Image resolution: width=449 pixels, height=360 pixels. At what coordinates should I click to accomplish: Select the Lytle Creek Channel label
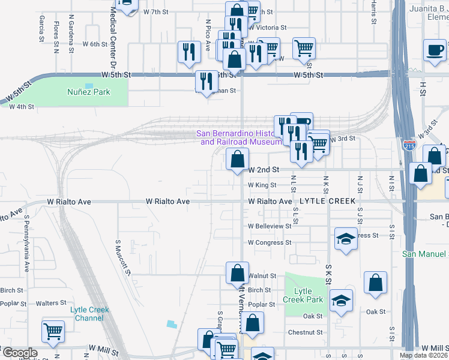pos(90,314)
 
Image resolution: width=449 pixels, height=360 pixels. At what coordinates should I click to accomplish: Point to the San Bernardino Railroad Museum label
pos(240,137)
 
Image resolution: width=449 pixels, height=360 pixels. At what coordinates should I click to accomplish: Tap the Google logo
pos(19,353)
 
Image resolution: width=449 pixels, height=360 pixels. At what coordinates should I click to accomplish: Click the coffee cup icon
pos(435,50)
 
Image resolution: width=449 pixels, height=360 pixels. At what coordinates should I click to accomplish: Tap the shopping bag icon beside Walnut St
pos(238,273)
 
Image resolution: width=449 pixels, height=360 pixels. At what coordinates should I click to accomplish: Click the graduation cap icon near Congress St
pos(346,239)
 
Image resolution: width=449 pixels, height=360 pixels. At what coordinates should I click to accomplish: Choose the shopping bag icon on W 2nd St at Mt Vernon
pos(238,159)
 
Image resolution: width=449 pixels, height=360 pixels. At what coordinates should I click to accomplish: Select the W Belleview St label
pos(270,227)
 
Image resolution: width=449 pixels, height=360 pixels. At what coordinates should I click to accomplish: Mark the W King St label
pos(262,185)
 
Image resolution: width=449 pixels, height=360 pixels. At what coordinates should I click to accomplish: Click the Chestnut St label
pos(306,332)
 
